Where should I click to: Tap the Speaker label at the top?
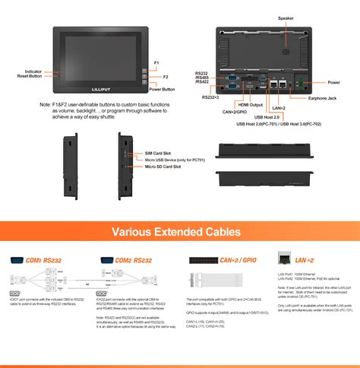(286, 17)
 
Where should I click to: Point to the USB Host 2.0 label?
(268, 117)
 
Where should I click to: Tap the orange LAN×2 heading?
(305, 259)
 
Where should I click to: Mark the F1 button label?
(156, 62)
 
